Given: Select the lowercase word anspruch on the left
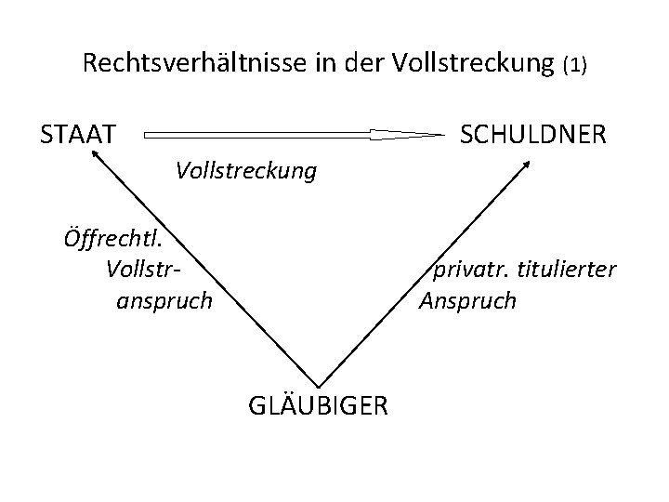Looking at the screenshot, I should coord(164,300).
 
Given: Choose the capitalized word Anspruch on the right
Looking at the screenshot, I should coord(467,300).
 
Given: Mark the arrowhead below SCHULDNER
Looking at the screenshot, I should coord(527,165).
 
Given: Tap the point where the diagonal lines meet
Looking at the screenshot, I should coord(318,385).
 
